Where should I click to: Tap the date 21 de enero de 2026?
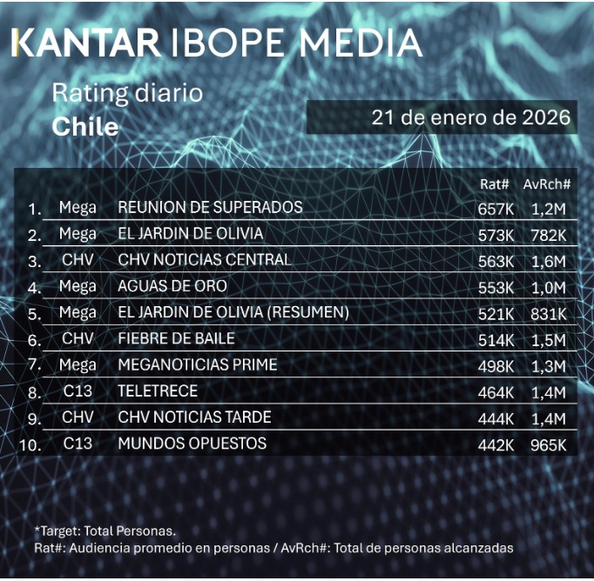pyautogui.click(x=470, y=117)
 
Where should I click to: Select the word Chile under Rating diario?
pyautogui.click(x=84, y=126)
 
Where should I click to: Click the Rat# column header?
pyautogui.click(x=495, y=184)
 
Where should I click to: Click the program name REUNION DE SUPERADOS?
pyautogui.click(x=210, y=207)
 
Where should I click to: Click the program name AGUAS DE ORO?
pyautogui.click(x=172, y=286)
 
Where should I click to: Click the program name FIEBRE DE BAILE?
pyautogui.click(x=176, y=338)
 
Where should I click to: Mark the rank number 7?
pyautogui.click(x=34, y=366)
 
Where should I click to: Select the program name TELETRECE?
pyautogui.click(x=158, y=391)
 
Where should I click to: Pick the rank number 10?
pyautogui.click(x=32, y=445)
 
